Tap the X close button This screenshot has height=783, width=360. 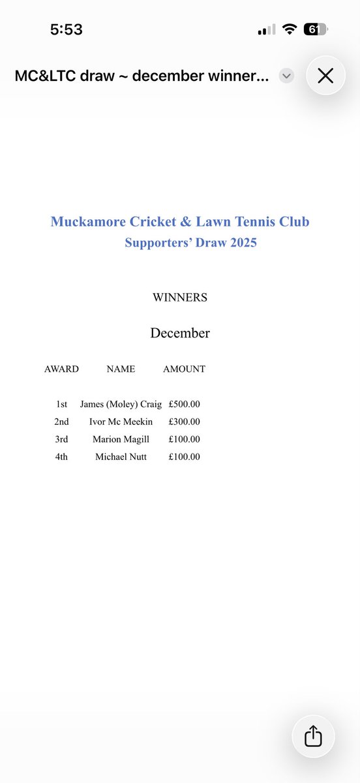325,76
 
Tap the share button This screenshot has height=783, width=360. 313,736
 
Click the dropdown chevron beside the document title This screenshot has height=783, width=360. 286,76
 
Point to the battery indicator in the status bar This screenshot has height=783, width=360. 316,29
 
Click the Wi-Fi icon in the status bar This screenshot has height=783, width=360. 290,29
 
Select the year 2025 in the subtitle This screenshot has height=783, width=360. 238,243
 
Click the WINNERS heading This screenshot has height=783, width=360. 180,298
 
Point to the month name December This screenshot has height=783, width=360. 180,333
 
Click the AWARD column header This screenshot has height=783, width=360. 61,369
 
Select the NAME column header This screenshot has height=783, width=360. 121,369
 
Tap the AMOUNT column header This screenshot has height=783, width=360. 184,369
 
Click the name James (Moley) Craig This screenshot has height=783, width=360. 121,405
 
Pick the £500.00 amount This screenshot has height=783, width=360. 184,405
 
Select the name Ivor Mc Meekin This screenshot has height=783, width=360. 121,422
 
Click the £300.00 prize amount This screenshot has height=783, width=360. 184,422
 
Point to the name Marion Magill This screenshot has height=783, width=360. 121,440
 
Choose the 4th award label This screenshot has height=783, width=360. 61,457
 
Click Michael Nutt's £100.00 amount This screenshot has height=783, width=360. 184,457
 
